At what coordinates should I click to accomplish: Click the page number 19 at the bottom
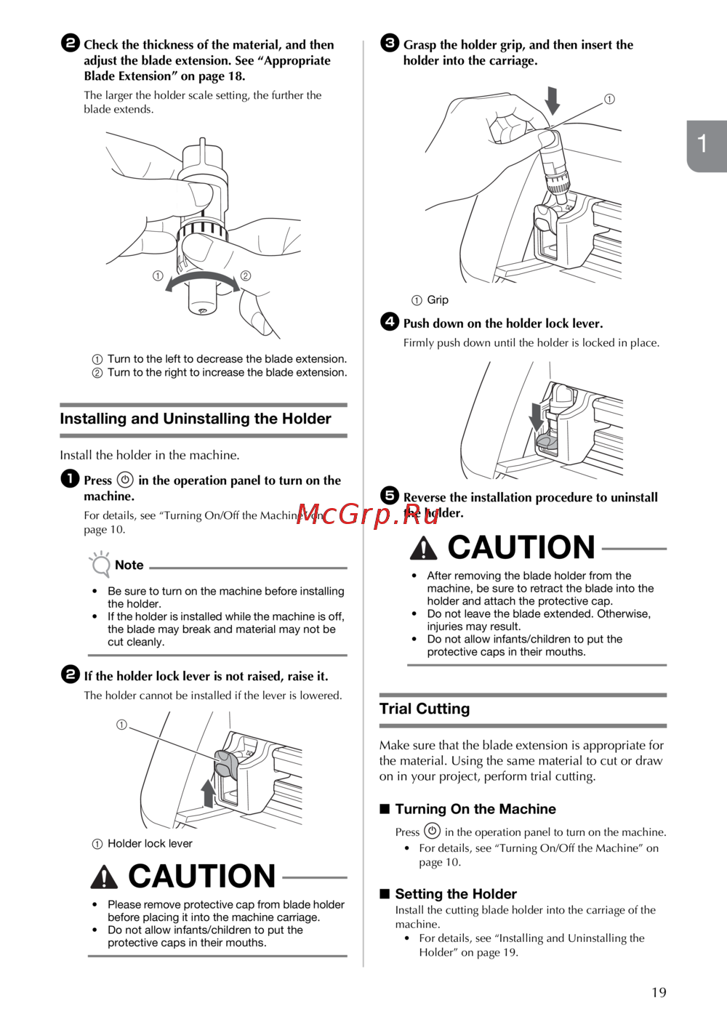click(x=659, y=993)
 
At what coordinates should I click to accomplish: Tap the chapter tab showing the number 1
click(x=707, y=146)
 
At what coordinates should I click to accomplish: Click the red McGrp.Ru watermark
click(x=368, y=515)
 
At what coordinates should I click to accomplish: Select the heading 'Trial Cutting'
click(x=425, y=709)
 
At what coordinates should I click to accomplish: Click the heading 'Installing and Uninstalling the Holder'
click(x=196, y=419)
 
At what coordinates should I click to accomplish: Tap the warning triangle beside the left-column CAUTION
click(x=104, y=877)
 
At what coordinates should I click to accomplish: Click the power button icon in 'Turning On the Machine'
click(x=432, y=831)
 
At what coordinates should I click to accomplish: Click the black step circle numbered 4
click(x=390, y=321)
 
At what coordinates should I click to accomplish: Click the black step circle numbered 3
click(x=390, y=43)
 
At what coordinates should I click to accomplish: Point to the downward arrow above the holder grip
click(x=553, y=101)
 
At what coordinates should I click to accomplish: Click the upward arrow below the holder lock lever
click(x=208, y=794)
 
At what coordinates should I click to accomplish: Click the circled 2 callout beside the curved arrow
click(x=246, y=275)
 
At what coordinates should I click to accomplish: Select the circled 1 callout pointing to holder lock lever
click(x=121, y=725)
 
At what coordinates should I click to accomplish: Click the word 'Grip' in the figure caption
click(x=438, y=300)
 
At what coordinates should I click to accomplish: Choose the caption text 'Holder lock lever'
click(x=150, y=844)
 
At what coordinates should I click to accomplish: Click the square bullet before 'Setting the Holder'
click(x=385, y=893)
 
